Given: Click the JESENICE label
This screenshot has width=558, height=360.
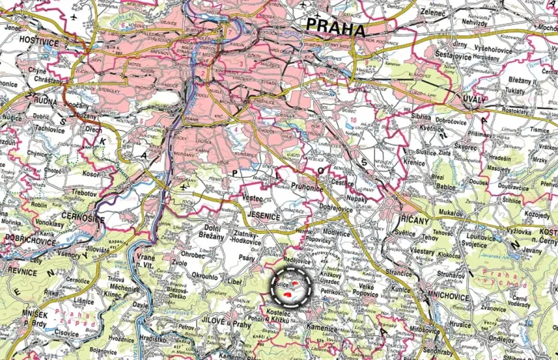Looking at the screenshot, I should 263,217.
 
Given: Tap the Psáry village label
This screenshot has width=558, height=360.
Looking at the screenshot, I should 248,258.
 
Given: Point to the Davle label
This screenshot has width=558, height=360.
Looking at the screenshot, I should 140,305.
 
